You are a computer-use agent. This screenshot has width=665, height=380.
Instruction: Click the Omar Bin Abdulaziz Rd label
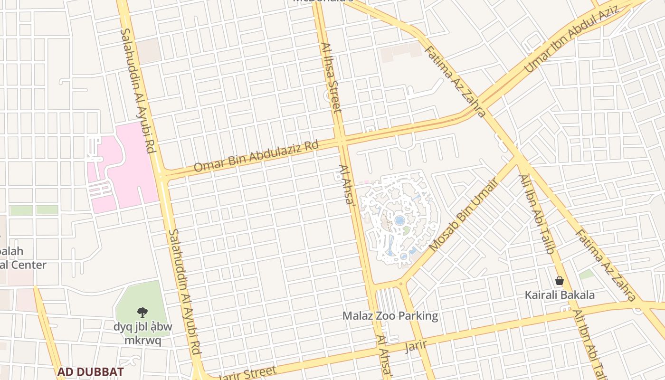256,156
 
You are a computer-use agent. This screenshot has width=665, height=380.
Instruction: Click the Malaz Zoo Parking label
390,316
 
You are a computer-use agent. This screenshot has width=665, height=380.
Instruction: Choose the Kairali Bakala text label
560,295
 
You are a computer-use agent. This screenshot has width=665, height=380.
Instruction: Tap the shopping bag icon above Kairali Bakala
560,281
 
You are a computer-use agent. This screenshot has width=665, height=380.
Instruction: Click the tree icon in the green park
142,312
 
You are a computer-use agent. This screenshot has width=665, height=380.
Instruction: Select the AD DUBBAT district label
91,371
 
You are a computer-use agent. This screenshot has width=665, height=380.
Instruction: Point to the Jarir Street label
247,374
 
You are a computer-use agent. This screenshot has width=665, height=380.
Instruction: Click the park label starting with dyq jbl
142,333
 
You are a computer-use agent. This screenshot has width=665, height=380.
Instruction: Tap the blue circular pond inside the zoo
400,220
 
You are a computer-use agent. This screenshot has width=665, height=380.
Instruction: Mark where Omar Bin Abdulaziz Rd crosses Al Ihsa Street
341,141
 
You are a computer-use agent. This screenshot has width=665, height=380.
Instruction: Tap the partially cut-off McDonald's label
323,1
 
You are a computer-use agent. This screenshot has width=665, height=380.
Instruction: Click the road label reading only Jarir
416,345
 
